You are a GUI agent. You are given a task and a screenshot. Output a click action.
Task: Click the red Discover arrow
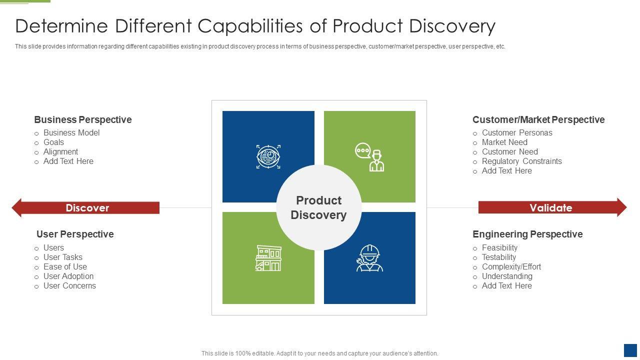85,207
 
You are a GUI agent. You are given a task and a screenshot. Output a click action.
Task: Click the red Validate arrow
552,207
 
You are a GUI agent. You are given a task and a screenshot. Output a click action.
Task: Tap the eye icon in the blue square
268,156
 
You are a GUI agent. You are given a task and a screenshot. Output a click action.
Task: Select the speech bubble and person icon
369,157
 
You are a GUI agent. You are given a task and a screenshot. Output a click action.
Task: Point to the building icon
268,258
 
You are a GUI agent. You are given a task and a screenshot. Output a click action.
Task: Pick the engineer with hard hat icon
369,258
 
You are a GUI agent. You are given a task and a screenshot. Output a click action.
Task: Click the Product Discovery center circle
319,207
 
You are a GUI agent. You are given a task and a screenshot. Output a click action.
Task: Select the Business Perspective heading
83,119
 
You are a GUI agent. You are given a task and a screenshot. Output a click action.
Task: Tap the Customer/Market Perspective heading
538,119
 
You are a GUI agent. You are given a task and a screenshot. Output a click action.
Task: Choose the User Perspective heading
75,234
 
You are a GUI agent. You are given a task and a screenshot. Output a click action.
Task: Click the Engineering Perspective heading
527,234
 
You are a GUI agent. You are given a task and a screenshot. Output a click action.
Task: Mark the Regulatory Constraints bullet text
521,161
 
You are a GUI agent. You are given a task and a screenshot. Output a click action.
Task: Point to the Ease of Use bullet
65,267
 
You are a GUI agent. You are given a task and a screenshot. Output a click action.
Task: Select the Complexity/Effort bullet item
511,267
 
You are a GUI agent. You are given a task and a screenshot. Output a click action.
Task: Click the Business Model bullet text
71,133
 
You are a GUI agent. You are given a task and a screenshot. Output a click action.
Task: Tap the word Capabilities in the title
250,26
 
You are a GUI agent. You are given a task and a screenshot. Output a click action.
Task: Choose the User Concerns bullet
69,285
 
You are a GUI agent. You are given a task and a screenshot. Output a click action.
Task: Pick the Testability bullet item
499,257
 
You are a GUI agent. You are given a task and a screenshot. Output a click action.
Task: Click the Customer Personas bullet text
517,133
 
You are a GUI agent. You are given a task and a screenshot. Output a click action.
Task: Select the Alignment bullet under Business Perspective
60,152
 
